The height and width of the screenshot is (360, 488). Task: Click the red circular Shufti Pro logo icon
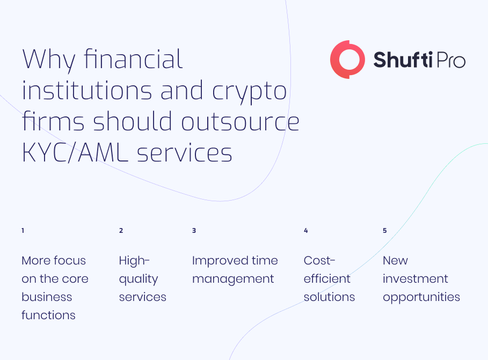(333, 59)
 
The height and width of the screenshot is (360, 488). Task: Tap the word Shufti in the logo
(403, 60)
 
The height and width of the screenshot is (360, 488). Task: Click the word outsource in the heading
(240, 122)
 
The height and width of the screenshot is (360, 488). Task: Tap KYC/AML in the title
(75, 153)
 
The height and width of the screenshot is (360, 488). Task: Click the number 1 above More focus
(23, 231)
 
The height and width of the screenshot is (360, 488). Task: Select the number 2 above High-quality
(121, 231)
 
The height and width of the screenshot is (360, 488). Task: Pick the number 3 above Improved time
(194, 231)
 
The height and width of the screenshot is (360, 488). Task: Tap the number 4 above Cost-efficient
(306, 231)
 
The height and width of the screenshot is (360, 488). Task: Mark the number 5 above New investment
(385, 231)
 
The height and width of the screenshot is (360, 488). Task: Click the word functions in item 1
(48, 315)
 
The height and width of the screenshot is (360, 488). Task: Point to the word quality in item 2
(139, 280)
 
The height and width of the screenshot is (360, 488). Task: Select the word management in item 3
(233, 280)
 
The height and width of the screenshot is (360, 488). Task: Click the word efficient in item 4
(327, 278)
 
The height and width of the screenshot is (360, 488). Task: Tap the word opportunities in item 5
(421, 297)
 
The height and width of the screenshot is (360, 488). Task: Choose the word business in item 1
(47, 297)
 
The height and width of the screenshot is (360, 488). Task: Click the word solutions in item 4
(329, 297)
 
